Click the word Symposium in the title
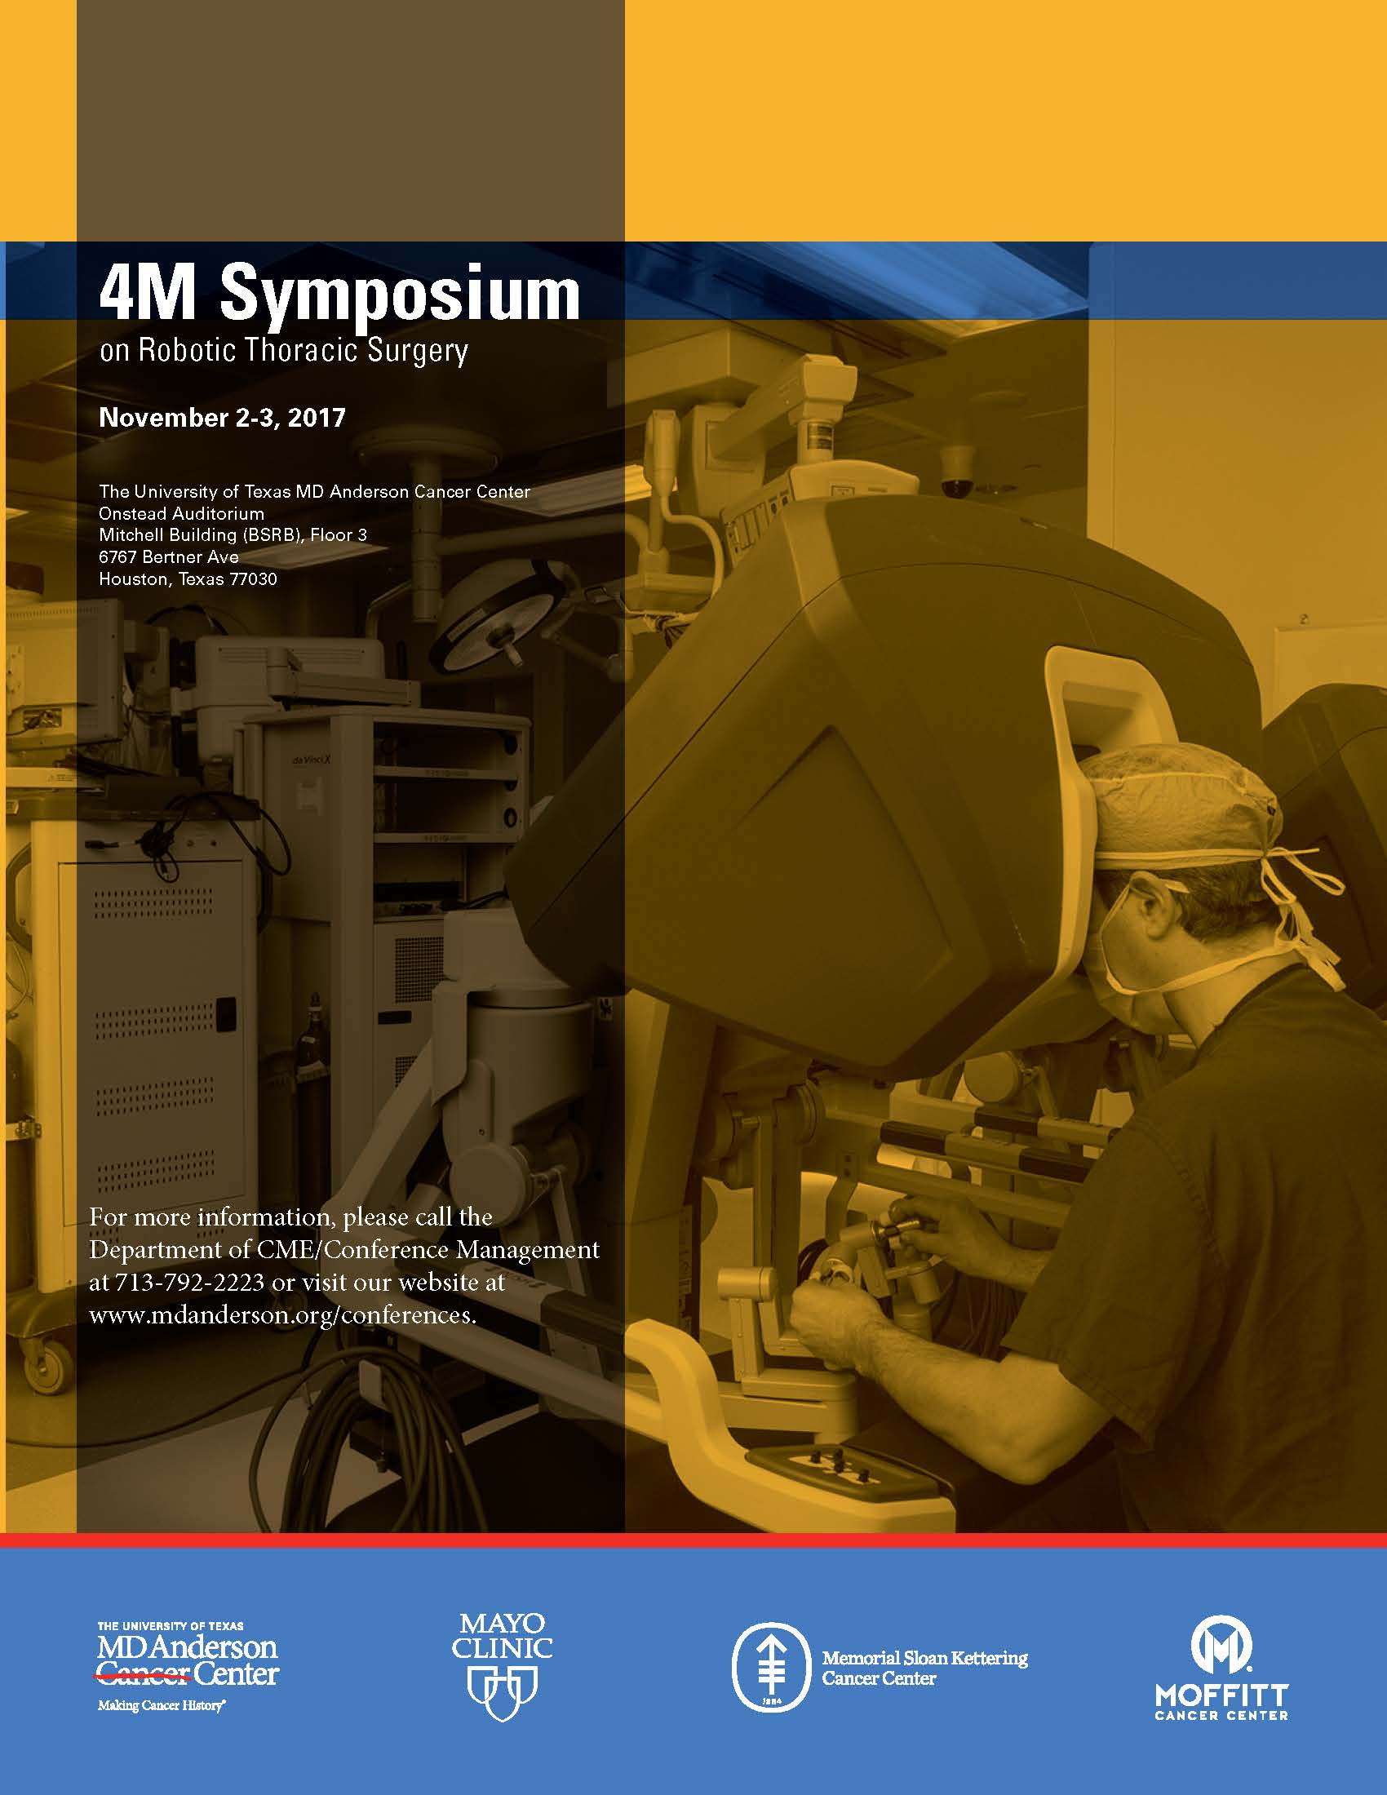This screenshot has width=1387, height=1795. tap(400, 296)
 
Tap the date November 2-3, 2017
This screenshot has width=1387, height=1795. tap(222, 418)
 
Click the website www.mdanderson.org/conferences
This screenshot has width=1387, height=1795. tap(281, 1315)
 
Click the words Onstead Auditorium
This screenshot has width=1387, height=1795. tap(181, 514)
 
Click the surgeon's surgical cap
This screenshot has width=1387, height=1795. tap(1183, 813)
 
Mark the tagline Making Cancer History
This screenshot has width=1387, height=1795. tap(161, 1706)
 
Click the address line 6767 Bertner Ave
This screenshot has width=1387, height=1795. tap(168, 557)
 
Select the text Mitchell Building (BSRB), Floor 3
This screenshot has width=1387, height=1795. tap(233, 535)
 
